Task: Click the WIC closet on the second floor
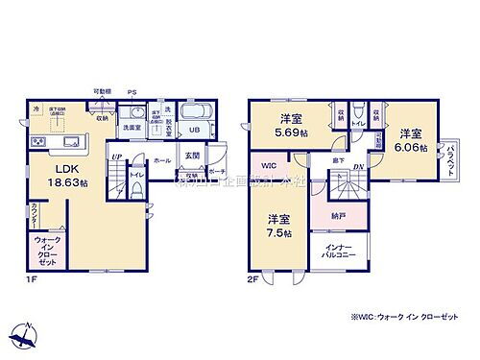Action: [269, 166]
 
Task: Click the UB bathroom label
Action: [193, 130]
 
